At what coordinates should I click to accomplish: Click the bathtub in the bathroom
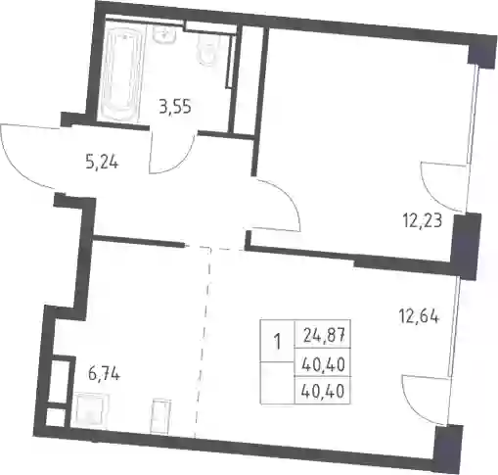pos(120,73)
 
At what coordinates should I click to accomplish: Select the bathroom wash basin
pos(164,34)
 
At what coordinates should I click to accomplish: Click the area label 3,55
pos(175,107)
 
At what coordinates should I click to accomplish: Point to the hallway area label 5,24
pos(102,162)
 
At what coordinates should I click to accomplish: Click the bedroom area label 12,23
pos(423,221)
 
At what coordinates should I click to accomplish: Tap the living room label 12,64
pos(419,316)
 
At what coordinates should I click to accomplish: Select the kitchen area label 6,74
pos(104,374)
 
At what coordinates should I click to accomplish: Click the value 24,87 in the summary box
pos(324,335)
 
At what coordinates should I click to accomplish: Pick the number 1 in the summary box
pos(278,343)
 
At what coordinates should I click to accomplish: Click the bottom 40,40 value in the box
pos(323,391)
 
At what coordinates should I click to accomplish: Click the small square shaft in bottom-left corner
pos(56,417)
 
